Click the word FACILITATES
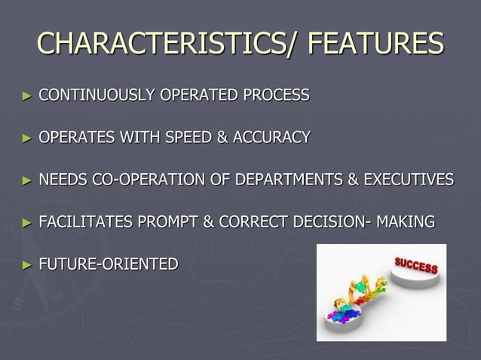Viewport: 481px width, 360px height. [x=84, y=222]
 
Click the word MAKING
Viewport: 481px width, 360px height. [x=406, y=222]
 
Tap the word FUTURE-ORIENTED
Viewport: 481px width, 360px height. [x=109, y=264]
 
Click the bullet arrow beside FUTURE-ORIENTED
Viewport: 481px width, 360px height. [x=27, y=265]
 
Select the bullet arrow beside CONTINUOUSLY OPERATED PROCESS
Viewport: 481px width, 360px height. [x=27, y=96]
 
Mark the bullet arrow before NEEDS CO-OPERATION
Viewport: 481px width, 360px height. [x=27, y=181]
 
